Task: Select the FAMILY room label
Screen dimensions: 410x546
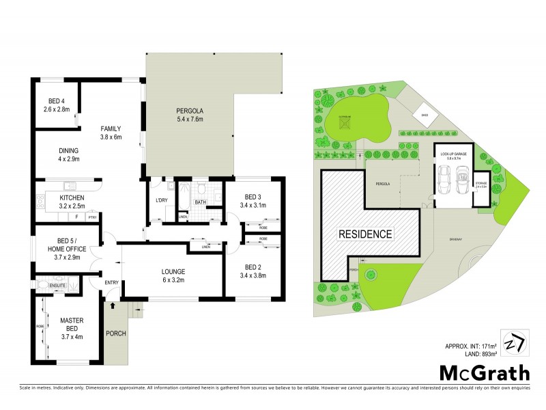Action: click(111, 128)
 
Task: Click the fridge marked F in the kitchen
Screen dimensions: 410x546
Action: click(77, 217)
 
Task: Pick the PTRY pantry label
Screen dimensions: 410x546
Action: click(91, 217)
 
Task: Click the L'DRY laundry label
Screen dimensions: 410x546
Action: click(162, 200)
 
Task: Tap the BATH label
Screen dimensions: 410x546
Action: click(200, 203)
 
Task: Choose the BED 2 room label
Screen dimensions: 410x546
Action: click(253, 267)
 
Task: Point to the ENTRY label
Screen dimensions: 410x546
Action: click(112, 283)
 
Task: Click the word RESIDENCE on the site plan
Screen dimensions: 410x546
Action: click(367, 234)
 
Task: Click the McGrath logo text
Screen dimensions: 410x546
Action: click(482, 372)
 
